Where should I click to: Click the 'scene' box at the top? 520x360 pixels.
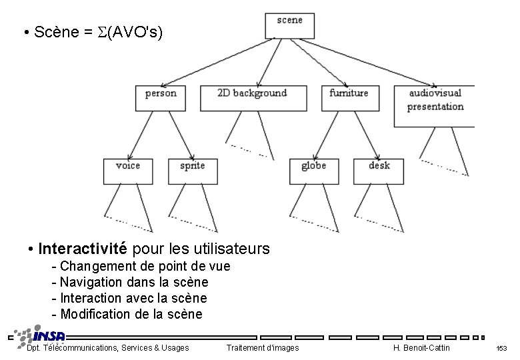point(289,25)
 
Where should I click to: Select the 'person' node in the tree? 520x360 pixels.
point(161,97)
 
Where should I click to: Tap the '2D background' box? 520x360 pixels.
point(253,97)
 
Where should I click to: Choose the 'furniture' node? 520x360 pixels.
point(349,97)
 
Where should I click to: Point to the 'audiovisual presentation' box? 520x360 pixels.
point(434,105)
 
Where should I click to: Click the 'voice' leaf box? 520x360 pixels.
point(128,171)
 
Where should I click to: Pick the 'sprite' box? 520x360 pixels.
point(193,171)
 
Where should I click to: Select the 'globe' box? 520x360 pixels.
point(313,171)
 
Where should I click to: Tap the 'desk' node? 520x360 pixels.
point(379,171)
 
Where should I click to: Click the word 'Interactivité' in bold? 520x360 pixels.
point(83,249)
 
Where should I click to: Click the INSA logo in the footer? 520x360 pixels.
point(40,335)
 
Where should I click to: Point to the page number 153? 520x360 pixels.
point(501,349)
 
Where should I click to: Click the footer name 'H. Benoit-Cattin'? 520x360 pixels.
point(422,348)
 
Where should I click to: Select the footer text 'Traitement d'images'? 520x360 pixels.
point(263,348)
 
